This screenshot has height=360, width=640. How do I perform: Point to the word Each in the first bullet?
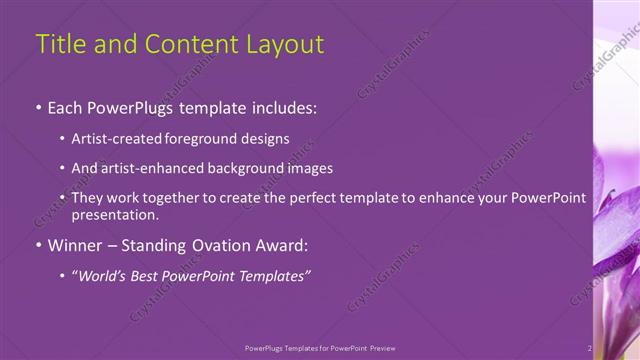point(66,107)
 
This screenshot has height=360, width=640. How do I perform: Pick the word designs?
point(263,139)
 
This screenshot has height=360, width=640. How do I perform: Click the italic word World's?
point(103,275)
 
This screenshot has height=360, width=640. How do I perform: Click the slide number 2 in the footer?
point(590,348)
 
